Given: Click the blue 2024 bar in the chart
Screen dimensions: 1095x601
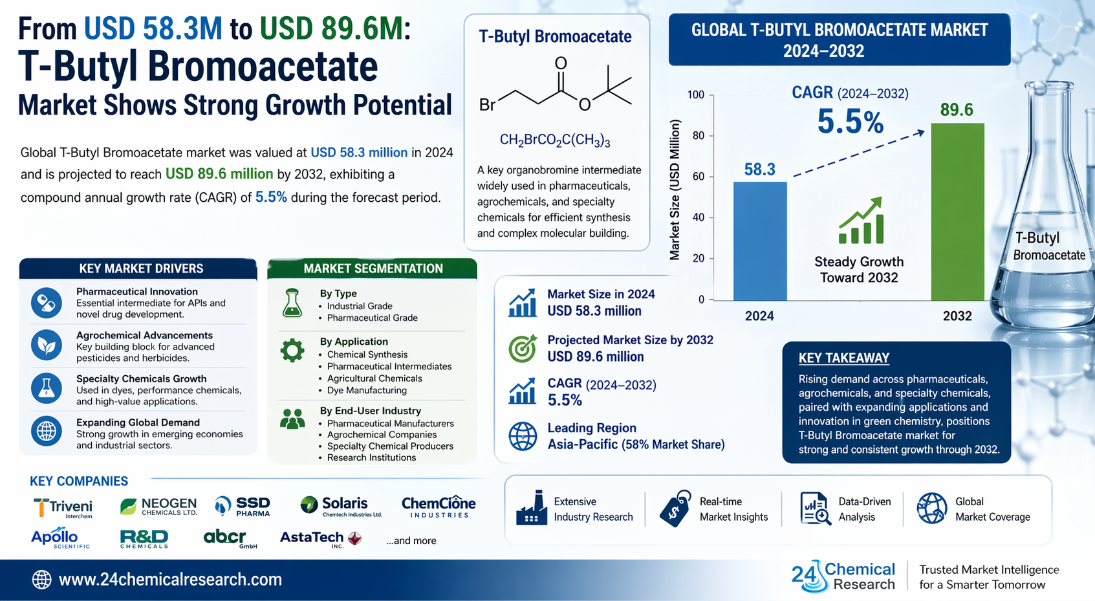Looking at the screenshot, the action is [760, 241].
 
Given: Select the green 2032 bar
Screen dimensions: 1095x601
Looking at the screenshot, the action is [957, 212].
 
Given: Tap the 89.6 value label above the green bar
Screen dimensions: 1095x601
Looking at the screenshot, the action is [957, 109].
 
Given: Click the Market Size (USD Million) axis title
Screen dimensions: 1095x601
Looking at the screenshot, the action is [675, 190].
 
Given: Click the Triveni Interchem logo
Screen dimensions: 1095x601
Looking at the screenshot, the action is [63, 508].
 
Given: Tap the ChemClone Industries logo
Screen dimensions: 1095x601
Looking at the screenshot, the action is [439, 507].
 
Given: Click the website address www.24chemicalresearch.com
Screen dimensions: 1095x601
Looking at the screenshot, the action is [170, 580].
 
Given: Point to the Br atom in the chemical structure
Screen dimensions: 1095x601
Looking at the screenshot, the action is [488, 105].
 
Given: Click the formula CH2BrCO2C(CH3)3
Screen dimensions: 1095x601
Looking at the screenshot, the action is [555, 140].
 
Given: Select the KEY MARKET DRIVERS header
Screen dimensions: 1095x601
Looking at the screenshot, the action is [141, 268].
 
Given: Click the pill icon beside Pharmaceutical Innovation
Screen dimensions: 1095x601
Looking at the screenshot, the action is [47, 303].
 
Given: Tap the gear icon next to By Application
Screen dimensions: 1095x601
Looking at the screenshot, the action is [292, 350].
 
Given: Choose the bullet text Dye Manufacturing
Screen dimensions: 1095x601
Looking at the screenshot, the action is [367, 390].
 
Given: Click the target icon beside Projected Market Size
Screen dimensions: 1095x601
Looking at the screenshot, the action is [523, 348].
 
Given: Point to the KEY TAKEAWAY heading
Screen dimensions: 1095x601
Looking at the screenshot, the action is [844, 358].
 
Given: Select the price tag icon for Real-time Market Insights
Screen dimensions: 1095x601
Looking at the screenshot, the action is [675, 508].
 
